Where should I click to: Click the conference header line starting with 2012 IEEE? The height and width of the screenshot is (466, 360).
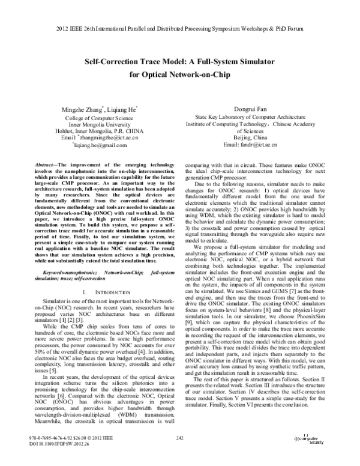pyautogui.click(x=180, y=29)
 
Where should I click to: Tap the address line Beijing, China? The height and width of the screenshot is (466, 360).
pyautogui.click(x=249, y=138)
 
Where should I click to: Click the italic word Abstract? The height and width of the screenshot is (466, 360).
pyautogui.click(x=51, y=164)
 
